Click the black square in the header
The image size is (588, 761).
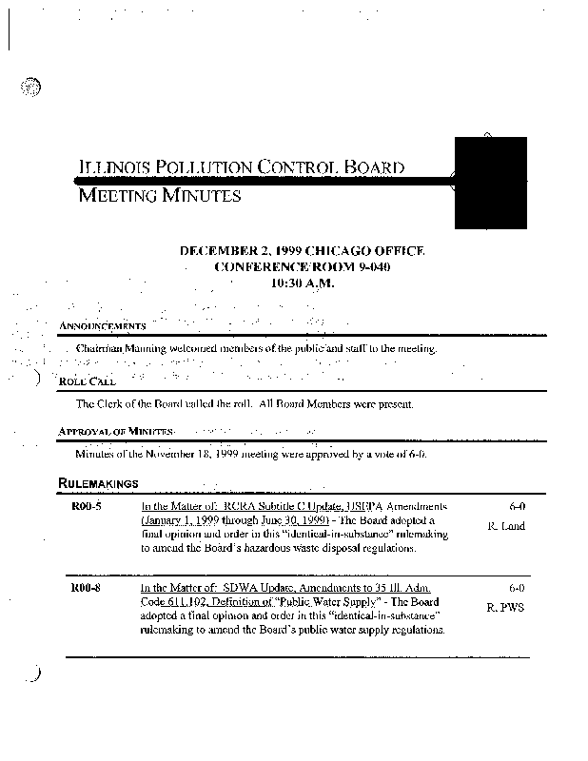pyautogui.click(x=491, y=182)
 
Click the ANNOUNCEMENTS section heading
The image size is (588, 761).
pyautogui.click(x=102, y=326)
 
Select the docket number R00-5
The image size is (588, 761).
pyautogui.click(x=88, y=508)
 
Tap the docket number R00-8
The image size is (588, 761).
pyautogui.click(x=88, y=589)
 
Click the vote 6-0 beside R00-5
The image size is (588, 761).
pyautogui.click(x=518, y=508)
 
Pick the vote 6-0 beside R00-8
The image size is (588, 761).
pyautogui.click(x=518, y=589)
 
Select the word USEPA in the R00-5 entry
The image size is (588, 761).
pyautogui.click(x=353, y=508)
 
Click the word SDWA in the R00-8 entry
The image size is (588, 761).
pyautogui.click(x=237, y=589)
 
